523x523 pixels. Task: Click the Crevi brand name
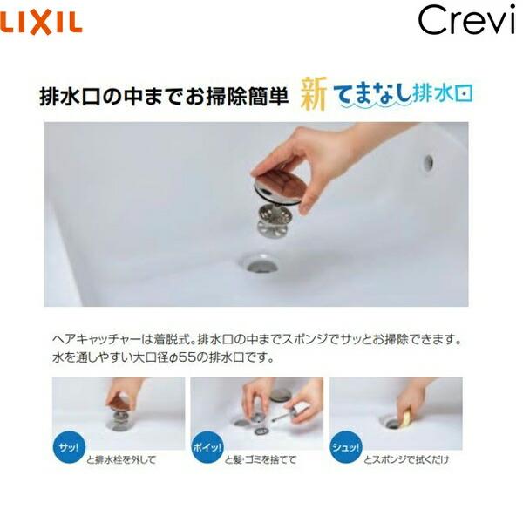click(465, 20)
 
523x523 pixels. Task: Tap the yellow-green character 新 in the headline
click(315, 92)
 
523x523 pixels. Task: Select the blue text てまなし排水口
click(405, 93)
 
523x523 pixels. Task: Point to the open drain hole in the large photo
click(259, 262)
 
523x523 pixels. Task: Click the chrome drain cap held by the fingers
click(278, 180)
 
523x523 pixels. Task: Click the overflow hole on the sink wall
click(428, 162)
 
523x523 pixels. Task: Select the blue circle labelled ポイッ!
click(206, 445)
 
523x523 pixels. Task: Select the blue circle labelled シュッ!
click(344, 445)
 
